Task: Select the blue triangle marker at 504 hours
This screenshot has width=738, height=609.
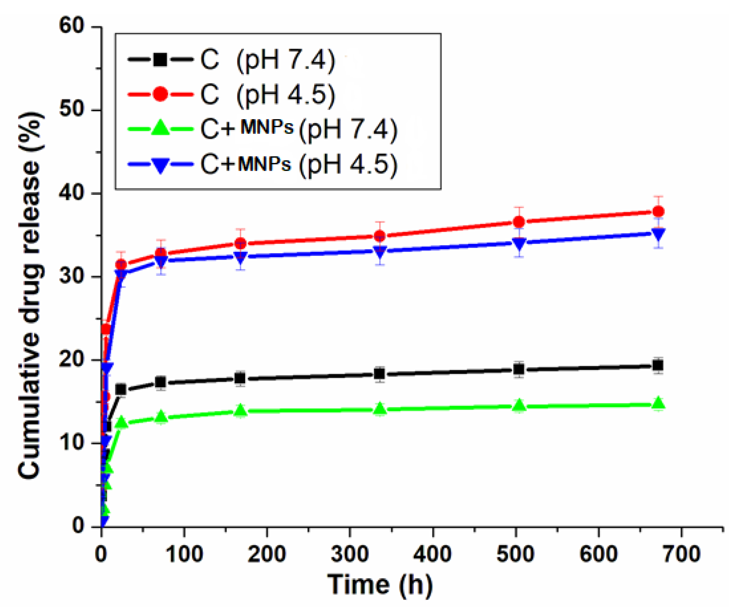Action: tap(519, 242)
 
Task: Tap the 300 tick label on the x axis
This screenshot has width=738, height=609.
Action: tap(350, 554)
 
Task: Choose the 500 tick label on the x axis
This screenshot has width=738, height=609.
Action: tap(515, 554)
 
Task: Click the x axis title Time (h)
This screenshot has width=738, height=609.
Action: tap(380, 585)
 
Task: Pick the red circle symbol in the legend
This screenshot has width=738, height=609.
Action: tap(160, 94)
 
